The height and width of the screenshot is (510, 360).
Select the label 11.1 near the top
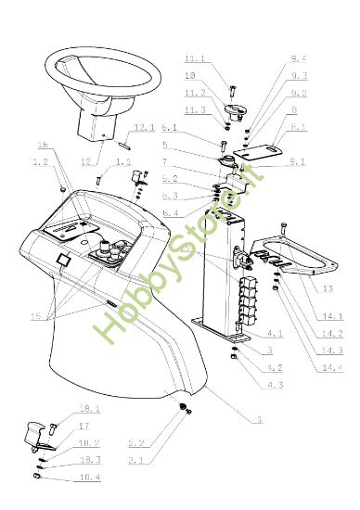pyautogui.click(x=196, y=58)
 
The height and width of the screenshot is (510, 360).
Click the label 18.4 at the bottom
pyautogui.click(x=90, y=477)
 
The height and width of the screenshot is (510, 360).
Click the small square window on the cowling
pyautogui.click(x=63, y=261)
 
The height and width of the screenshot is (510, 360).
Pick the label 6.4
pyautogui.click(x=169, y=213)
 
